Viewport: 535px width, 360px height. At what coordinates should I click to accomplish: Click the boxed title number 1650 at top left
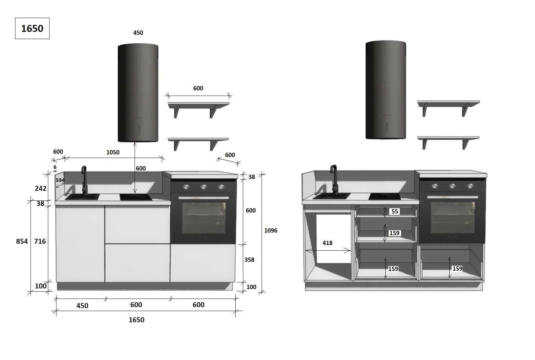pos(32,29)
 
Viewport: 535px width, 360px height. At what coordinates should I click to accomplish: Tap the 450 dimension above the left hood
pos(138,33)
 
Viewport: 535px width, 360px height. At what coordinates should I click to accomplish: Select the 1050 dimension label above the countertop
pos(113,152)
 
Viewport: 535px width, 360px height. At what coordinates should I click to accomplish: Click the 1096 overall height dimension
pos(270,231)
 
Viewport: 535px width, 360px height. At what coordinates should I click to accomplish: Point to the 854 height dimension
pos(22,241)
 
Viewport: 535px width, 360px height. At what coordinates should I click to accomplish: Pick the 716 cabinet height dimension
pos(40,241)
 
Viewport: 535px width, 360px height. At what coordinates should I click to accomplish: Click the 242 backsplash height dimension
pos(41,188)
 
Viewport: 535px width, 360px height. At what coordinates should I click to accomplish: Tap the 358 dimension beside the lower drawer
pos(249,259)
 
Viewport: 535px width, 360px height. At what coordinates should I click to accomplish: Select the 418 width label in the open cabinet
pos(327,243)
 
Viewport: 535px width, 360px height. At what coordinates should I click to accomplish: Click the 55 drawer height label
pos(395,211)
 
